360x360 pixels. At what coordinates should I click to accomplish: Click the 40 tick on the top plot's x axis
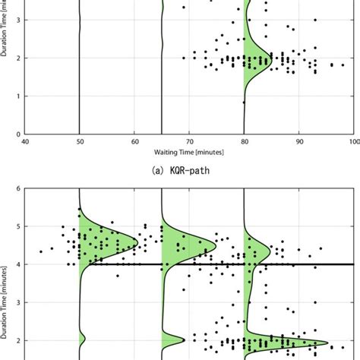[x=25, y=141]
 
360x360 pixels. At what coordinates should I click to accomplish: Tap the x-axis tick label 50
[x=80, y=141]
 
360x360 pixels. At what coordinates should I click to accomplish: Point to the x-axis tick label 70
[x=189, y=141]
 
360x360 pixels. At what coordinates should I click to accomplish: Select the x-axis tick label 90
[x=298, y=141]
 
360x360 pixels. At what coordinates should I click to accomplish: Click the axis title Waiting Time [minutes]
[x=189, y=150]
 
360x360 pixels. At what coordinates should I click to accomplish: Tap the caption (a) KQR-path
[x=189, y=171]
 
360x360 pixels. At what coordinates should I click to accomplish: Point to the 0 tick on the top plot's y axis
[x=18, y=134]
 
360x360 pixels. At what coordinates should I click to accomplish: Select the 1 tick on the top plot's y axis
[x=18, y=96]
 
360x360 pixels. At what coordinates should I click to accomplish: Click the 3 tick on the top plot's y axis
[x=18, y=20]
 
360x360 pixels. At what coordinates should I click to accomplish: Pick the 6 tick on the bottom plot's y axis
[x=18, y=188]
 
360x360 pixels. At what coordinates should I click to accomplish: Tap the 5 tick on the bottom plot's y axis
[x=18, y=226]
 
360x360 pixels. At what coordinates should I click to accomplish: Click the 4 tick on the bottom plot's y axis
[x=18, y=264]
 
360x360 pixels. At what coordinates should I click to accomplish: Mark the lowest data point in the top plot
[x=244, y=102]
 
